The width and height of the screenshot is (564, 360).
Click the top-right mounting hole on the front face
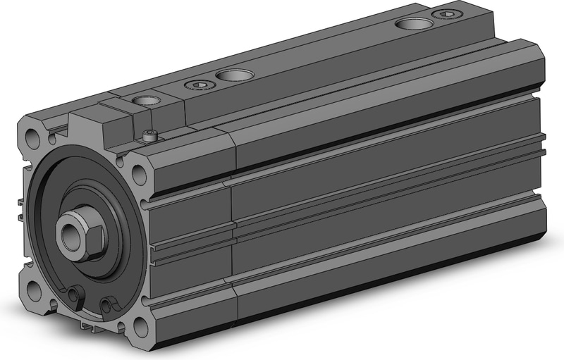[x=138, y=171]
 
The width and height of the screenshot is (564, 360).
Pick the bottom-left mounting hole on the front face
[x=35, y=290]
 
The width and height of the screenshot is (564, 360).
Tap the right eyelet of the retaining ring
[x=107, y=304]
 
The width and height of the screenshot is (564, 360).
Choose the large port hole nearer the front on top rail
[x=231, y=74]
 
